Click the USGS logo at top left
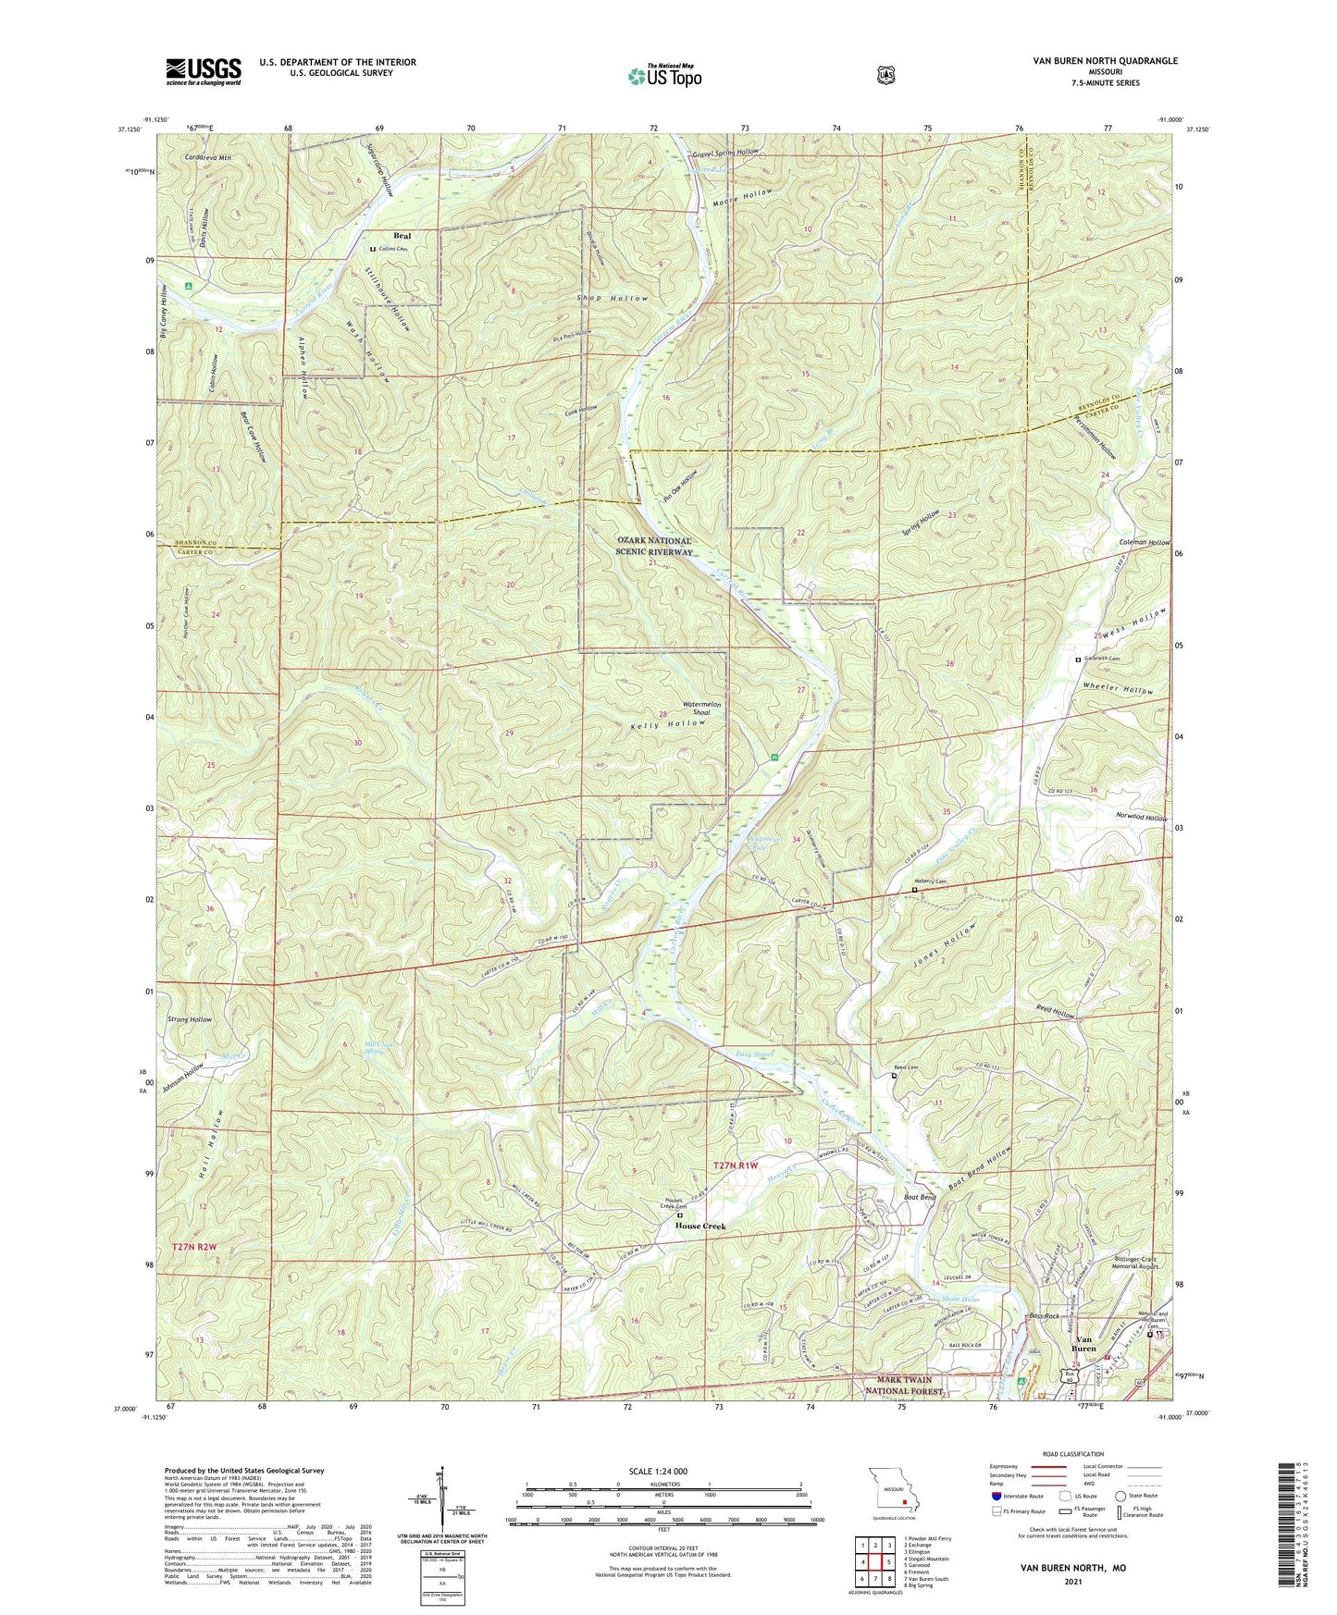pyautogui.click(x=204, y=71)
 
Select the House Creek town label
pyautogui.click(x=699, y=1226)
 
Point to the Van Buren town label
pyautogui.click(x=1085, y=1343)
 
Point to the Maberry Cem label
pyautogui.click(x=931, y=881)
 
